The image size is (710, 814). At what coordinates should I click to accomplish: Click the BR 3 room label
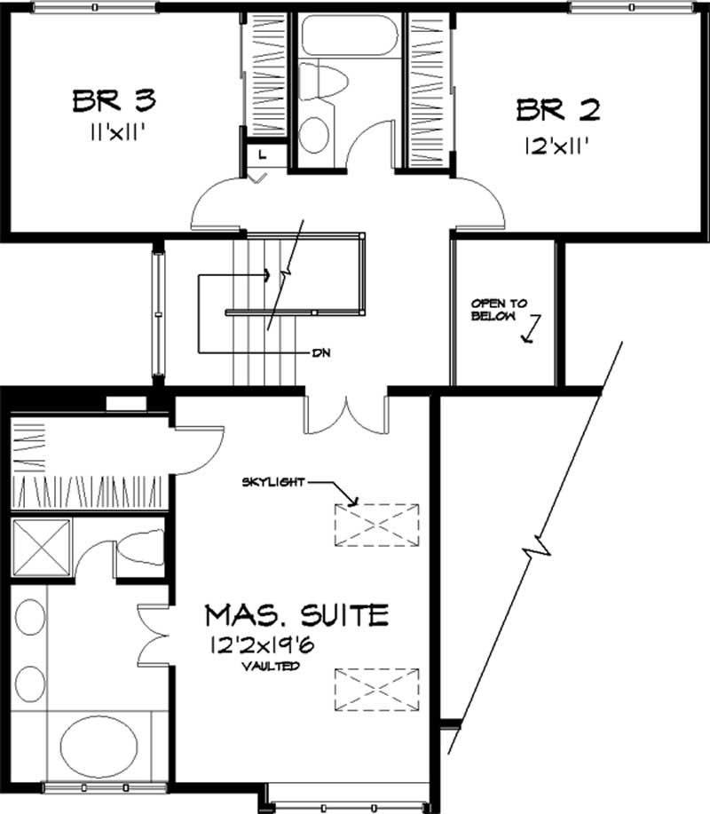114,100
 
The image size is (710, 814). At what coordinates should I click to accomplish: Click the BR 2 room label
558,110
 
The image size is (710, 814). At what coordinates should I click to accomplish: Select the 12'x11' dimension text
558,143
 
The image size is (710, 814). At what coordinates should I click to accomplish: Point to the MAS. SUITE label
296,613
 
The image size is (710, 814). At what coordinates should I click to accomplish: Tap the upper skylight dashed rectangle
376,523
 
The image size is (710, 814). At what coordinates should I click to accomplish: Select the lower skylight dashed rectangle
376,689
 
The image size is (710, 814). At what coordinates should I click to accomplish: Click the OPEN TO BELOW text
498,309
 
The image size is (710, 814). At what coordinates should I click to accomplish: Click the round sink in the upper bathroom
312,135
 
